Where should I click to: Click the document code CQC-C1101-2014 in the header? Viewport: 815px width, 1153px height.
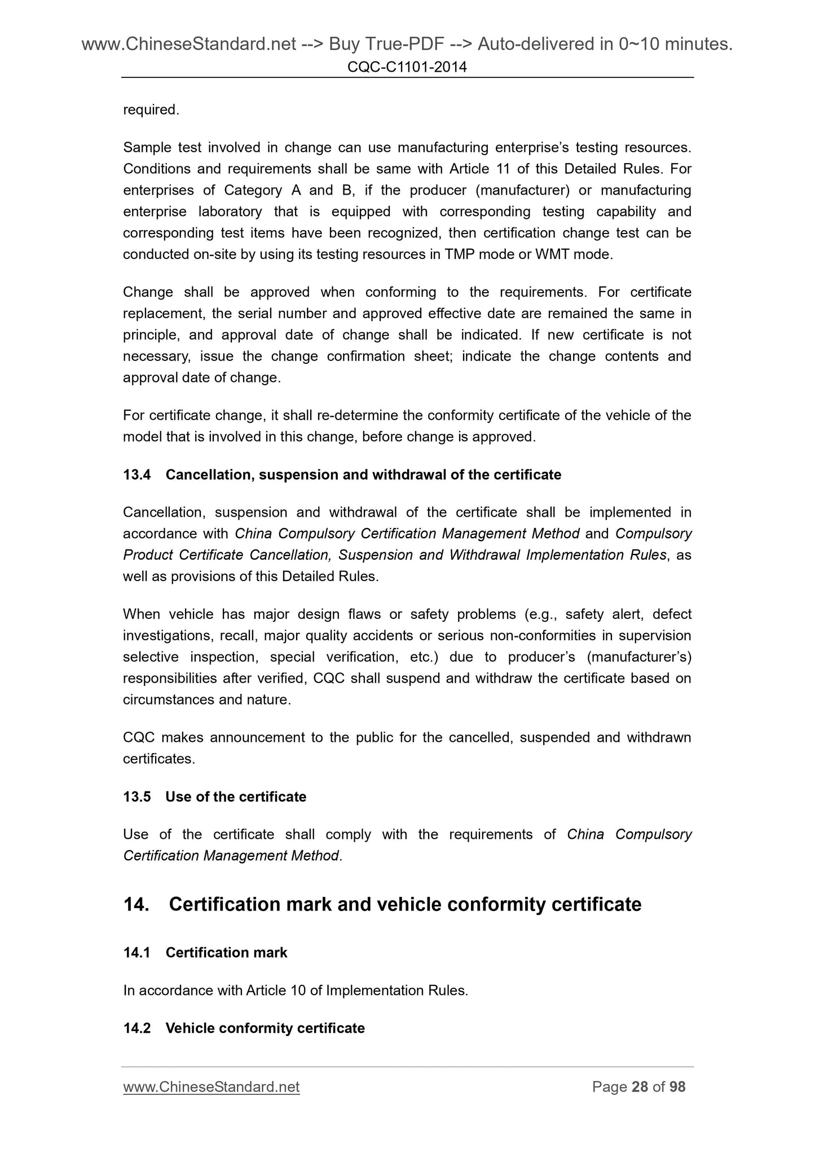click(x=407, y=68)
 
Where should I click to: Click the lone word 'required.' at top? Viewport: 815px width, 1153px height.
click(x=151, y=110)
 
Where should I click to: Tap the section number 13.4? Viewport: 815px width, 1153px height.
click(x=137, y=475)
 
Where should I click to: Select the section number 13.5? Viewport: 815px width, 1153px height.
click(x=137, y=797)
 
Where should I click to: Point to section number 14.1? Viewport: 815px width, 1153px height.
click(x=137, y=953)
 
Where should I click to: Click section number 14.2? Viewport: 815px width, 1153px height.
click(x=137, y=1028)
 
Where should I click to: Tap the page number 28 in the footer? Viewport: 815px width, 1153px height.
click(x=640, y=1087)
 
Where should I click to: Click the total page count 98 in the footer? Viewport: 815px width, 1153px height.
click(x=677, y=1087)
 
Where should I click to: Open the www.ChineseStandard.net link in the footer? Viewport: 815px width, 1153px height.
click(x=211, y=1087)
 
